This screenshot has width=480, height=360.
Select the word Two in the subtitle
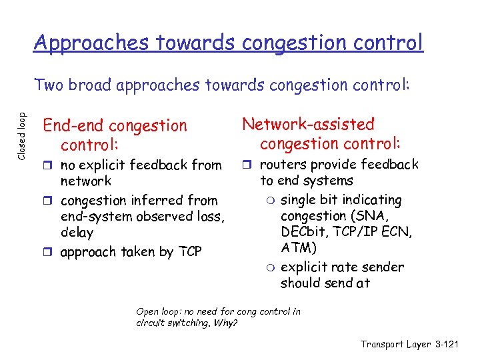coord(51,85)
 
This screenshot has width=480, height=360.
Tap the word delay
coord(77,233)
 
